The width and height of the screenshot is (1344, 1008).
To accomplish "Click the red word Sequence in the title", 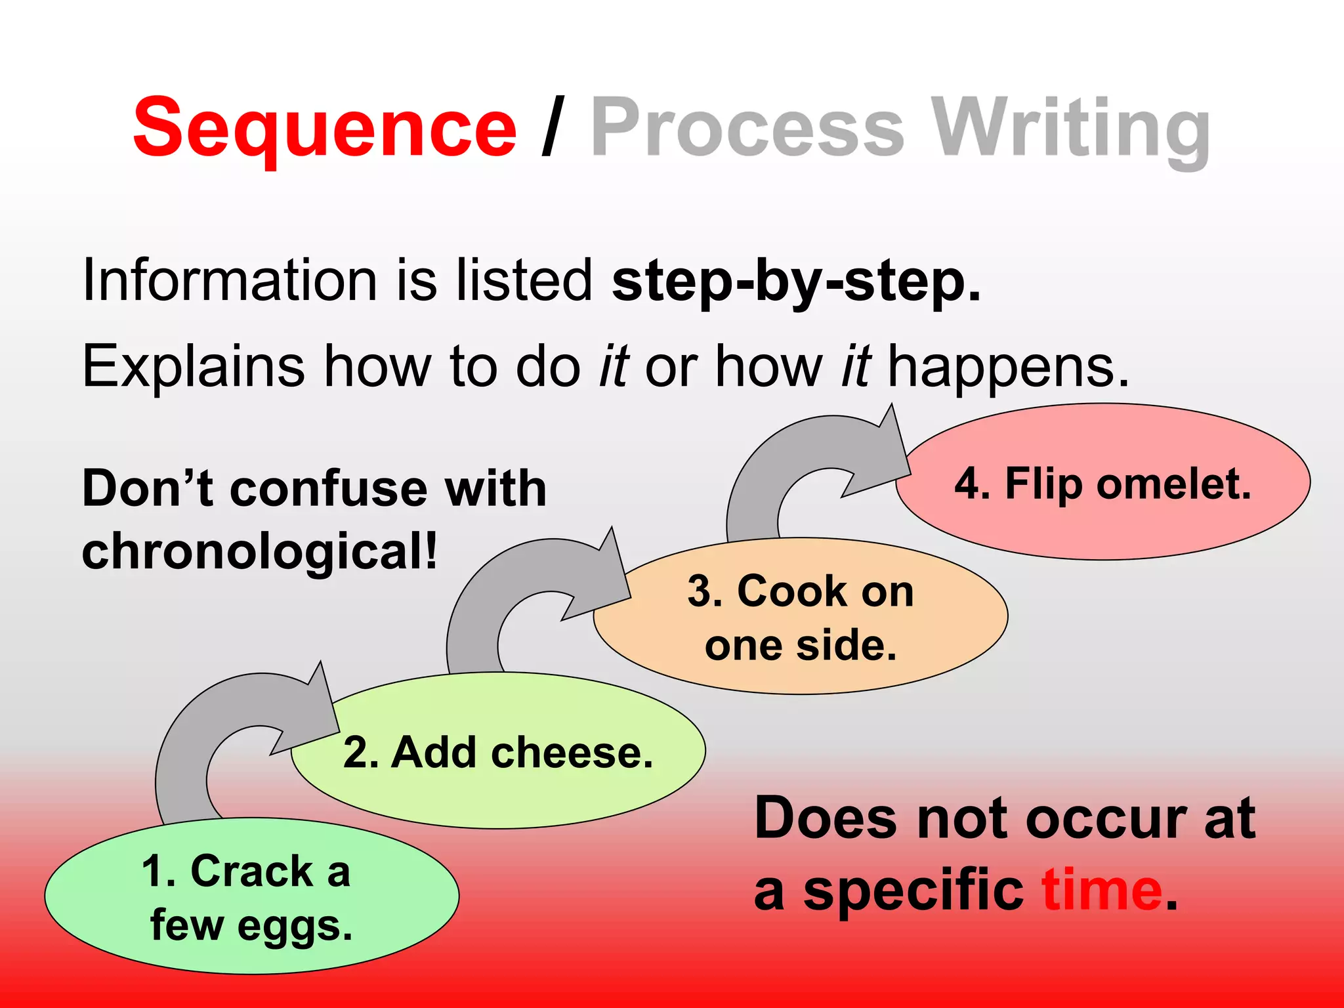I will pyautogui.click(x=325, y=128).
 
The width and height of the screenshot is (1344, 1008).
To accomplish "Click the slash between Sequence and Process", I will pyautogui.click(x=553, y=128).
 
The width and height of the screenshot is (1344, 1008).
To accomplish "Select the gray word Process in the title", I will pyautogui.click(x=748, y=128).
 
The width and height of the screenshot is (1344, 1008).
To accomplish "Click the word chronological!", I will pyautogui.click(x=259, y=551).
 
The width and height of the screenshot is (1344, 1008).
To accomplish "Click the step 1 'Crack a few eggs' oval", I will pyautogui.click(x=251, y=896).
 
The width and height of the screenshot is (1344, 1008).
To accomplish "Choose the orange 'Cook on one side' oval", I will pyautogui.click(x=801, y=617).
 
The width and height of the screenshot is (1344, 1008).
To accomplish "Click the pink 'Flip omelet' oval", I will pyautogui.click(x=1102, y=482).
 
